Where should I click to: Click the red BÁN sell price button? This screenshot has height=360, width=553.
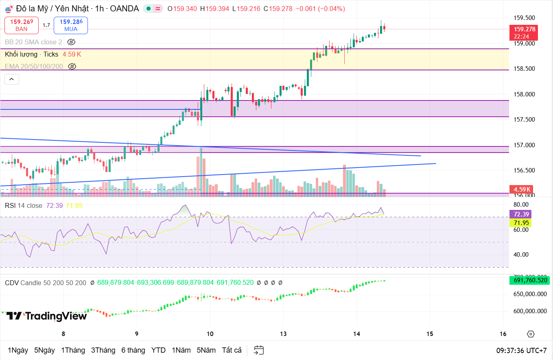pos(22,25)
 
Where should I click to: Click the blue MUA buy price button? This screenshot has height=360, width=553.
pos(71,25)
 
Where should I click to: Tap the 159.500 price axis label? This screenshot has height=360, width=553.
pos(524,18)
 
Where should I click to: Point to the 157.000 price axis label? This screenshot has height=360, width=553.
pos(524,145)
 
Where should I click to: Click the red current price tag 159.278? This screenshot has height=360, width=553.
pos(524,29)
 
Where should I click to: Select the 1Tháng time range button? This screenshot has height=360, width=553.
pos(73,350)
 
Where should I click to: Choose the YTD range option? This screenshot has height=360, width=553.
pos(158,350)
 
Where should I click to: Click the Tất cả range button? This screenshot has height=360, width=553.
pos(232,350)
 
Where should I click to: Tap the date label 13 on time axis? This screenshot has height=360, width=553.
pos(283,334)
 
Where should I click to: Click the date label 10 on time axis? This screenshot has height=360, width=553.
pos(210,334)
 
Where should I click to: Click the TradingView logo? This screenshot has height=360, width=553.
pos(47,316)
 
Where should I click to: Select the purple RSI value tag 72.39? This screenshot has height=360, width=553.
pos(520,214)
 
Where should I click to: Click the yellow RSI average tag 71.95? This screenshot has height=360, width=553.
pos(520,223)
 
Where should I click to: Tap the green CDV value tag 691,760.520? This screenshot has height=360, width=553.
pos(529,280)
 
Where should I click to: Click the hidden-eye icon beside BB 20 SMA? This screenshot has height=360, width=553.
pos(71,42)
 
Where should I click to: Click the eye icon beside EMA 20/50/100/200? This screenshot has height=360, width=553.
pos(72,66)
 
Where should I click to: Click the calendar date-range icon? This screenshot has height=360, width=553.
pos(259,350)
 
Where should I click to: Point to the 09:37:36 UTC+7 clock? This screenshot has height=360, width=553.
pos(521,350)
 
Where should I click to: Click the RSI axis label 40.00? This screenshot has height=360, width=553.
pos(521,255)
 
